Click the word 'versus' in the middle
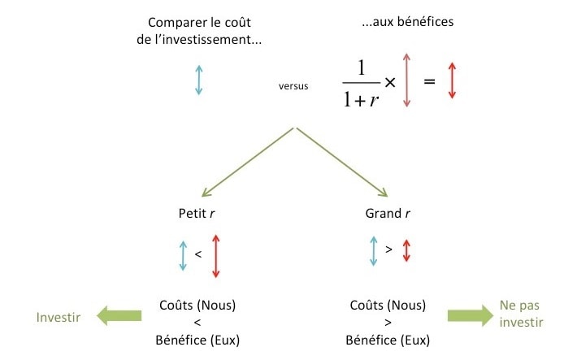(293, 84)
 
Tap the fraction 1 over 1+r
(362, 83)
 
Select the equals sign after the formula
(430, 82)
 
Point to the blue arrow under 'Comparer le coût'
(198, 80)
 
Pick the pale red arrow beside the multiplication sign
(407, 80)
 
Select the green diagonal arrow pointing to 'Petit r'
(248, 163)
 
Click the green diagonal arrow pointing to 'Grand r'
(342, 163)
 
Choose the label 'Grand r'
(384, 214)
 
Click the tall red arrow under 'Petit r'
(215, 256)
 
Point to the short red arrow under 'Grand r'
(406, 250)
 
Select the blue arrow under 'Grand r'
(373, 251)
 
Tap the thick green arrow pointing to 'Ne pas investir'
(469, 317)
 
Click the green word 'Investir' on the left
(59, 317)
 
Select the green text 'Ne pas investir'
(521, 314)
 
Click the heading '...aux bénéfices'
(408, 22)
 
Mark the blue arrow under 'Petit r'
(183, 256)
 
